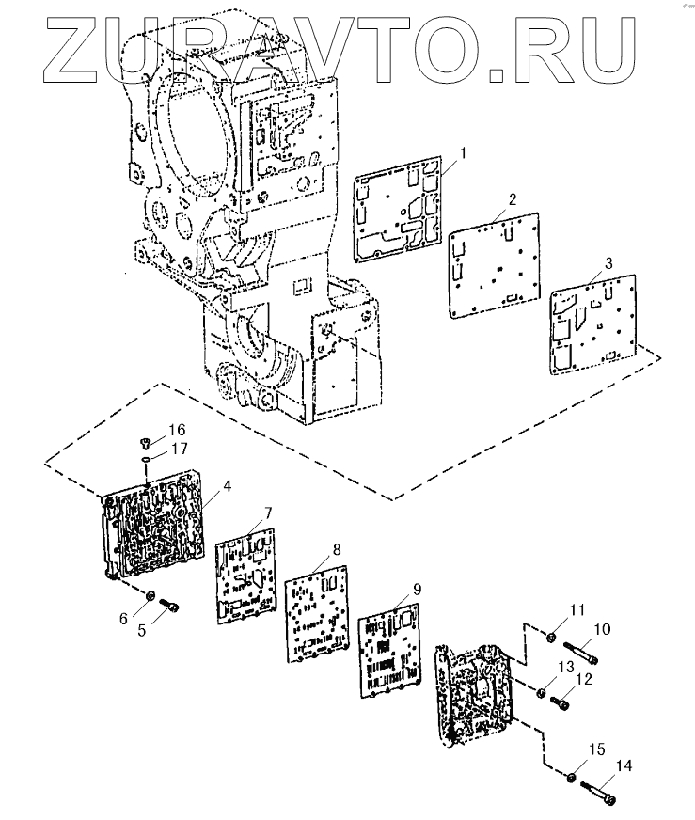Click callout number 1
tap(462, 151)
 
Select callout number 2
tap(511, 199)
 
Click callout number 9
tap(416, 590)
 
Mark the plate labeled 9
tap(391, 654)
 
